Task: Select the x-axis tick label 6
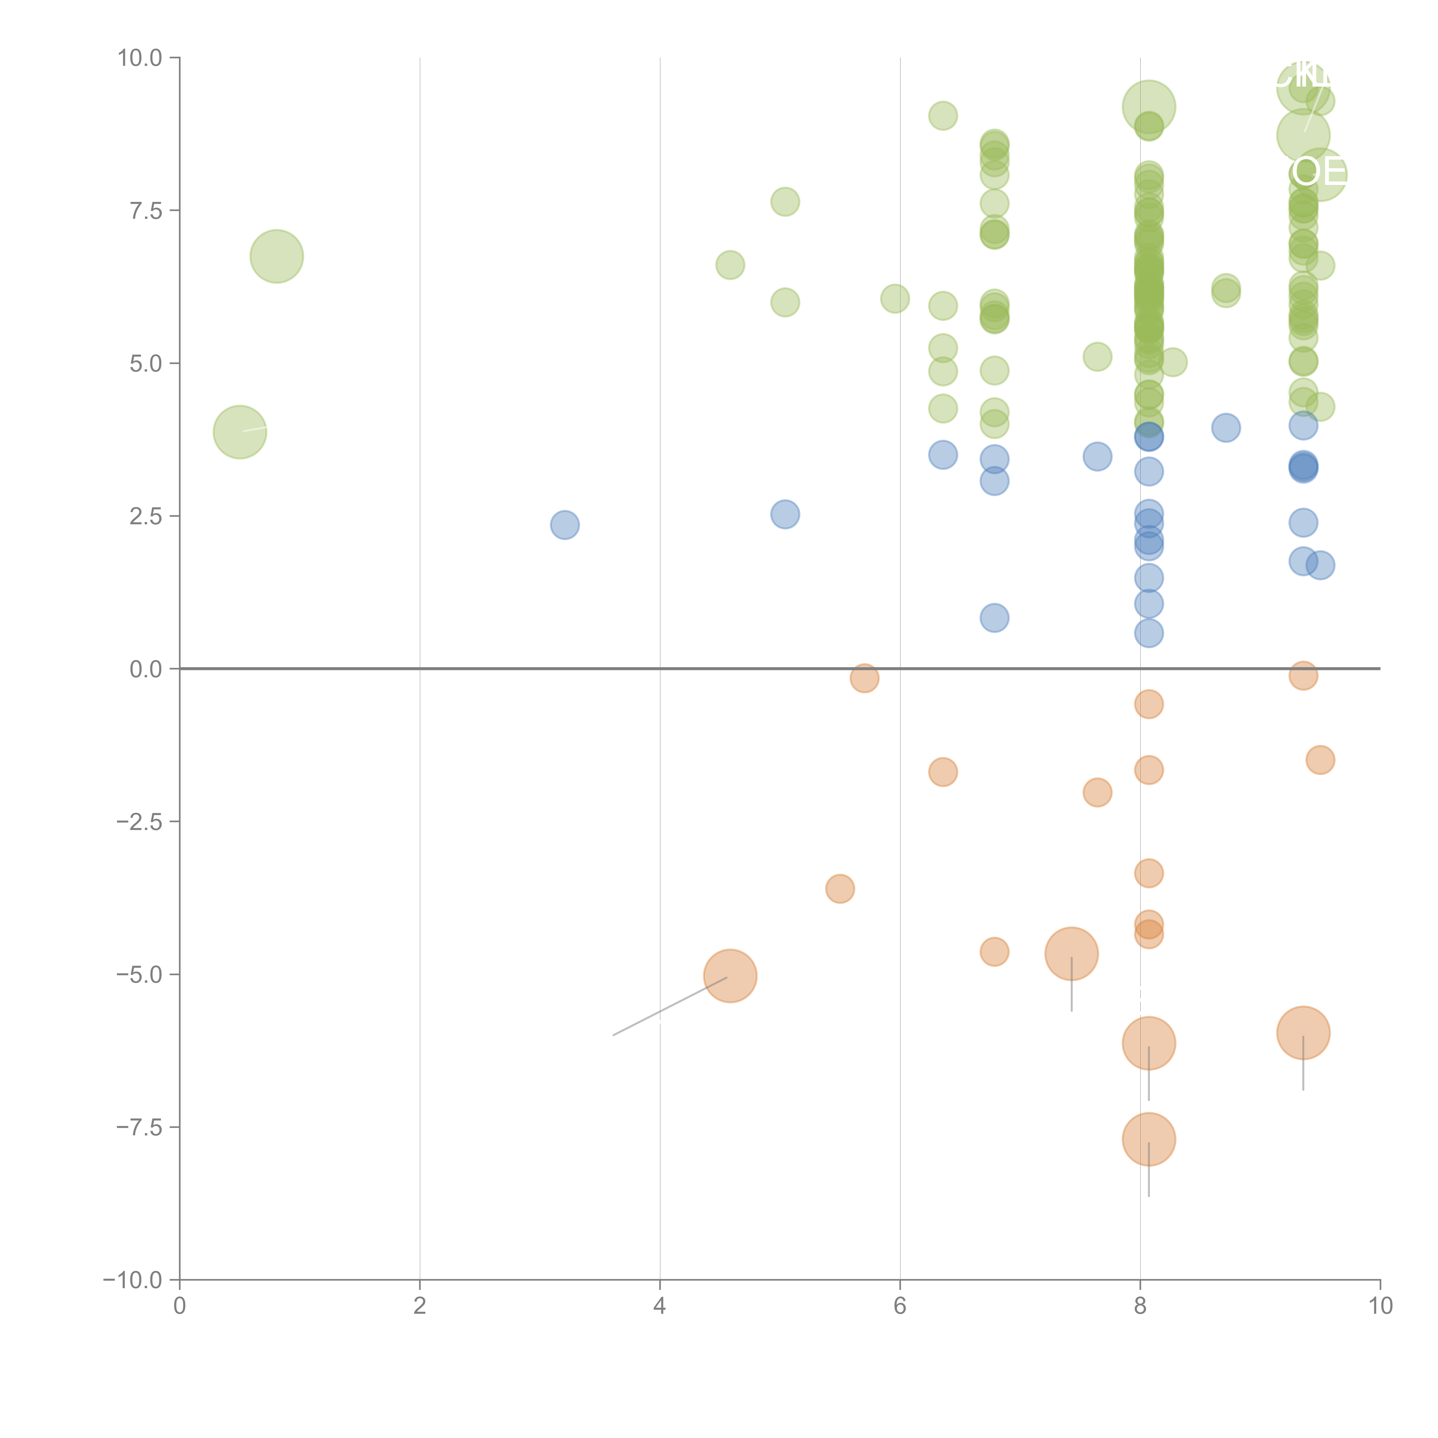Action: click(900, 1305)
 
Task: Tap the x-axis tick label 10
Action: click(1380, 1305)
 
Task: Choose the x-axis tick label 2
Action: click(420, 1305)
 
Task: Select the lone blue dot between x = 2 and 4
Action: click(565, 525)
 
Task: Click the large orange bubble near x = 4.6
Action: click(730, 976)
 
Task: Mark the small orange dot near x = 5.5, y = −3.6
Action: click(840, 889)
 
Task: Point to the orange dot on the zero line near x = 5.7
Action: click(864, 678)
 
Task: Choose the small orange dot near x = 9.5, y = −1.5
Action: click(1320, 760)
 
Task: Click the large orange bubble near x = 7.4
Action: click(1071, 953)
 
